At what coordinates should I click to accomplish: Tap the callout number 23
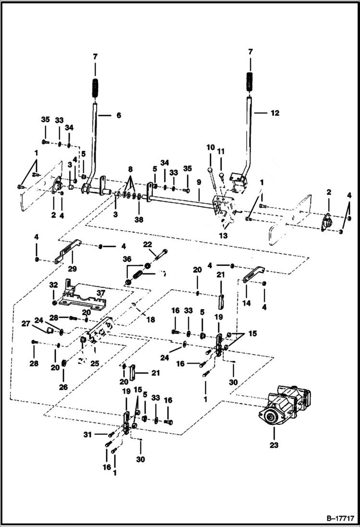click(x=273, y=445)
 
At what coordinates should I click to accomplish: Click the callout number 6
click(x=118, y=115)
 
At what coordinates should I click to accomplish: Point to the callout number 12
click(x=274, y=113)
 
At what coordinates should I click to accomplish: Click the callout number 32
click(x=53, y=285)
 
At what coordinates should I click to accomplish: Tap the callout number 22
click(x=148, y=245)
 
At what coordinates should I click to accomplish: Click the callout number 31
click(x=87, y=434)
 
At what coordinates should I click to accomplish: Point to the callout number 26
click(x=63, y=387)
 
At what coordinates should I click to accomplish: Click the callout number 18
click(x=150, y=319)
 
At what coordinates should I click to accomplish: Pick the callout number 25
click(x=95, y=364)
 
